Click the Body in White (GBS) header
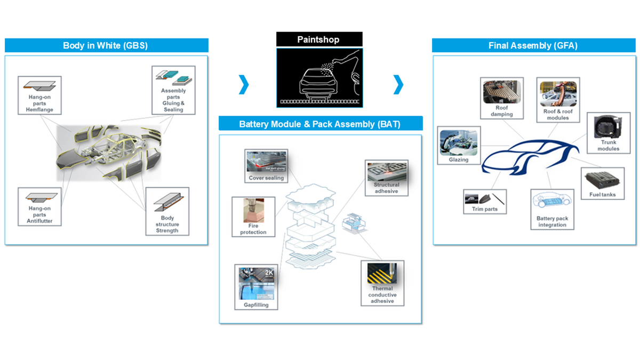coord(106,45)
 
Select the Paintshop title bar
coord(319,39)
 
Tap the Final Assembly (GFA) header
coord(532,45)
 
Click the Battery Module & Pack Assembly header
coord(320,124)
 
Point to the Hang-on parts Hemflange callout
coord(39,95)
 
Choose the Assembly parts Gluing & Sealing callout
coord(173,90)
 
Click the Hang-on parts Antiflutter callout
coord(39,206)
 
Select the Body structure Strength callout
coord(167,211)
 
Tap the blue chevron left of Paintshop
coord(244,84)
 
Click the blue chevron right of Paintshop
coord(398,84)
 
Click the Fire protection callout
coord(253,217)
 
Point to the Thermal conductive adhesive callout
coord(382,283)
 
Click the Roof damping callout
coord(501,98)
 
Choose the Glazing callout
coord(459,145)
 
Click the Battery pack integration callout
coord(552,209)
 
